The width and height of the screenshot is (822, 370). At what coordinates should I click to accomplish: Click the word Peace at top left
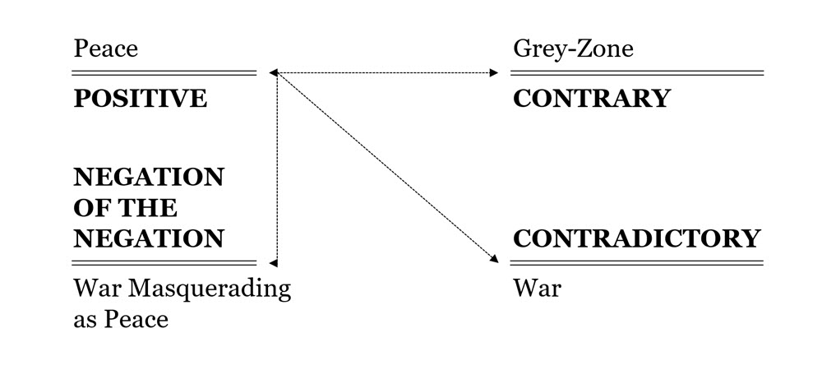pyautogui.click(x=105, y=49)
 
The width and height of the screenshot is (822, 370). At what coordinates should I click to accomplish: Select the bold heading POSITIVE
pyautogui.click(x=140, y=99)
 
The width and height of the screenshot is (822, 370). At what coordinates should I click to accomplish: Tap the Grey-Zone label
pyautogui.click(x=573, y=49)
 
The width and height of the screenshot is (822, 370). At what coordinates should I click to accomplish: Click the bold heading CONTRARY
pyautogui.click(x=592, y=99)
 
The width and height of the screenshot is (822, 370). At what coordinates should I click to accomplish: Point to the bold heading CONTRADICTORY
pyautogui.click(x=636, y=239)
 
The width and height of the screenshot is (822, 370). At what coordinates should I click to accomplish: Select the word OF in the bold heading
pyautogui.click(x=89, y=208)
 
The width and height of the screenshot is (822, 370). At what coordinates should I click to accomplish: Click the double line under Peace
pyautogui.click(x=164, y=73)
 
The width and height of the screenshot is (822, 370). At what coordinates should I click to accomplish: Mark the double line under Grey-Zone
pyautogui.click(x=637, y=73)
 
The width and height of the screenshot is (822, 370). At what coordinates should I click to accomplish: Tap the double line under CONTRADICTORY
pyautogui.click(x=637, y=262)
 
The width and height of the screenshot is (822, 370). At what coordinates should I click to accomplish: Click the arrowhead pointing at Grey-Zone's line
pyautogui.click(x=494, y=73)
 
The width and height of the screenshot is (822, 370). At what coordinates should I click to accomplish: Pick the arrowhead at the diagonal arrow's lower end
pyautogui.click(x=494, y=259)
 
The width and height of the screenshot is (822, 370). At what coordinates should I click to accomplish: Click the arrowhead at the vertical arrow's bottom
pyautogui.click(x=274, y=263)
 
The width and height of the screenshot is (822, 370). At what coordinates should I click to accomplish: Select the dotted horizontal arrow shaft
pyautogui.click(x=386, y=73)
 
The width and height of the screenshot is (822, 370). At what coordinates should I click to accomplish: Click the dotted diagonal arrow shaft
pyautogui.click(x=386, y=168)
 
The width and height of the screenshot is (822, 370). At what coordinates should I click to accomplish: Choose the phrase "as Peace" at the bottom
pyautogui.click(x=120, y=319)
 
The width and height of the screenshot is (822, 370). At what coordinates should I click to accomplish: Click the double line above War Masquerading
pyautogui.click(x=164, y=262)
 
